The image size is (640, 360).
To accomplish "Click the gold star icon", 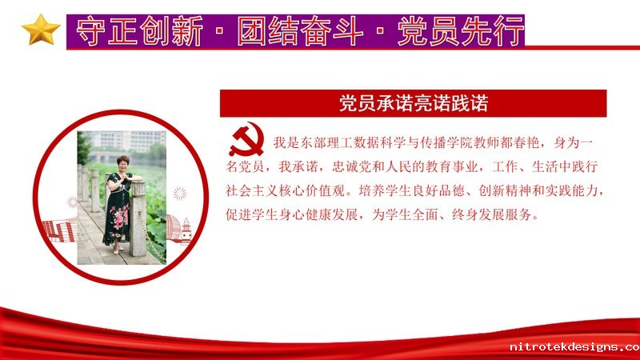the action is tap(41, 30).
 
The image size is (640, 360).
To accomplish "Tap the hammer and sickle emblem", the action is tap(246, 139).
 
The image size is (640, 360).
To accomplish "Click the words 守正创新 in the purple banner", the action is tap(139, 31).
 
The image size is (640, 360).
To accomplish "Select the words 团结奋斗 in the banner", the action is tap(300, 31).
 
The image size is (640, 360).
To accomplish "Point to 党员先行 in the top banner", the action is tap(461, 31).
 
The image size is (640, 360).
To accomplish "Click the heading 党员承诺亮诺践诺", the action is tap(414, 103).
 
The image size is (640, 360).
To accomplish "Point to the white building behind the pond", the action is tap(130, 140).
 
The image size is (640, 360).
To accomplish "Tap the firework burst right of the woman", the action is tap(179, 194).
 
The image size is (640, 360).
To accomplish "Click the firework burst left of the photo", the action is tap(72, 202).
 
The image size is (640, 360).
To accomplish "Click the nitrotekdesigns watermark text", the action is tap(574, 347).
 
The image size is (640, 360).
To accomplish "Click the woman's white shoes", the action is tap(118, 249).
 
